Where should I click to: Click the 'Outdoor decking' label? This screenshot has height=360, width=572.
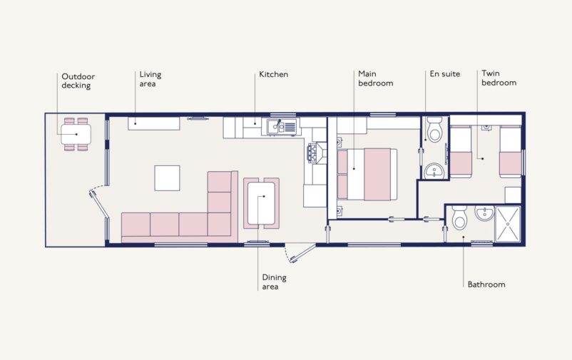[x=78, y=81]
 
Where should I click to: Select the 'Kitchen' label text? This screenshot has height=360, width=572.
[x=273, y=74]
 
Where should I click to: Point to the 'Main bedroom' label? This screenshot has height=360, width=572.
[x=374, y=78]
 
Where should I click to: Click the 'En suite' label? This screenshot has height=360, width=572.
[x=444, y=74]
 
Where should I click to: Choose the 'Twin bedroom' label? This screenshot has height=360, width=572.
[x=499, y=78]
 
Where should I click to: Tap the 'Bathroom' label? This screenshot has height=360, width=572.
[x=486, y=284]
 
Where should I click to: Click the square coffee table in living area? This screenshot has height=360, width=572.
[x=168, y=178]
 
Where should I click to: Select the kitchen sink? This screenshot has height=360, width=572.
[x=282, y=128]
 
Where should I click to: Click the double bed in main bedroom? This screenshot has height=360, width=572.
[x=367, y=174]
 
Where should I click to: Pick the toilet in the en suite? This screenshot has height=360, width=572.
[x=434, y=131]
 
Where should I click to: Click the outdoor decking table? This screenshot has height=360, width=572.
[x=75, y=133]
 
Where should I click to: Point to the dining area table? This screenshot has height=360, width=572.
[x=261, y=202]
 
